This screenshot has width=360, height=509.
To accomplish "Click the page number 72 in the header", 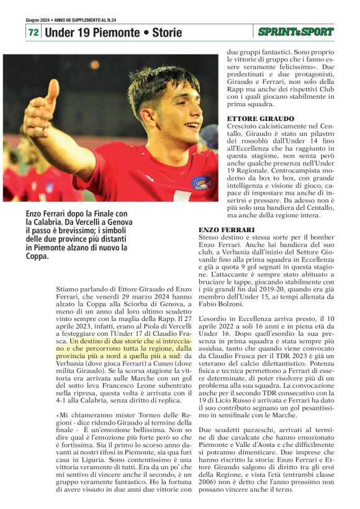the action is [x=34, y=32].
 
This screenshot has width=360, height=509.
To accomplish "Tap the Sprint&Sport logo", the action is [x=296, y=31].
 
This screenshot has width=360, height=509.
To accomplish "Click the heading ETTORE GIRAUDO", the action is [x=252, y=118].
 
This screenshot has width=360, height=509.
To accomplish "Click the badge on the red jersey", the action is [x=201, y=182].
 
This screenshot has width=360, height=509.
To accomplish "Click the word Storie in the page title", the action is [x=167, y=32].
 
